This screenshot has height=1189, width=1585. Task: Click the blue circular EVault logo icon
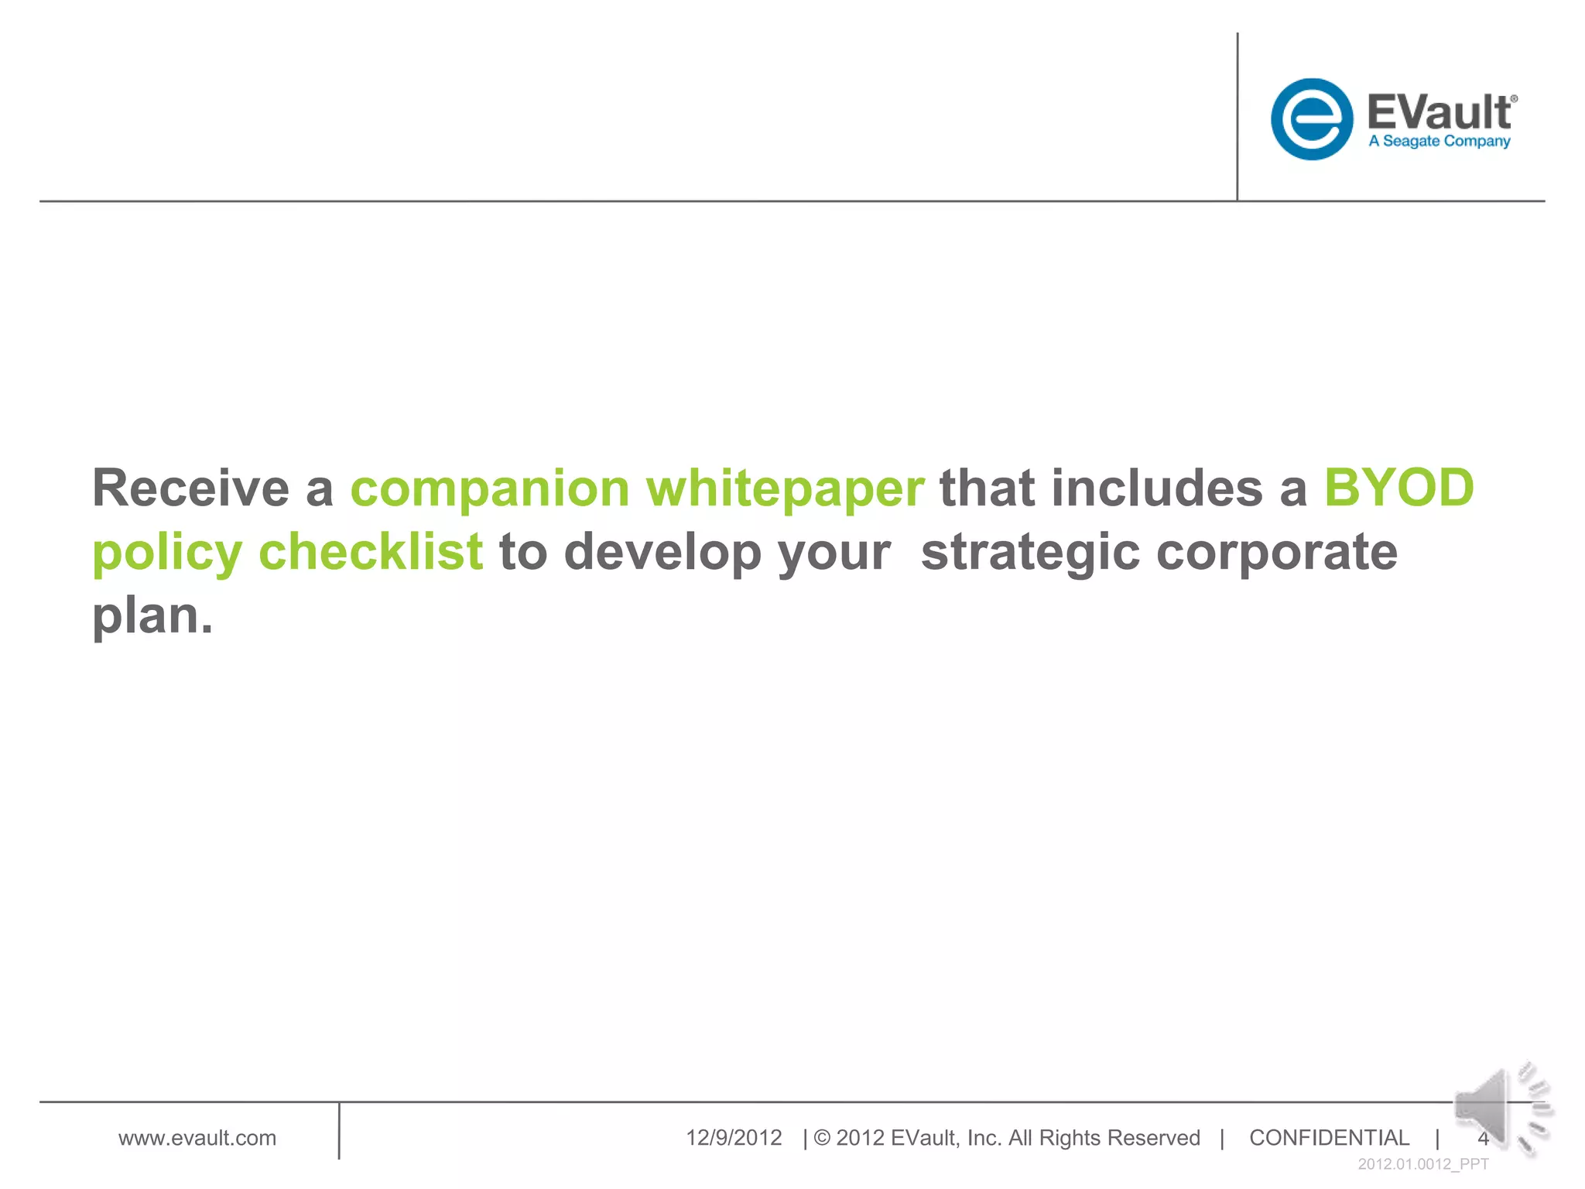[x=1311, y=119]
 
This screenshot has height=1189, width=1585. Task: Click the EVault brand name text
[x=1439, y=113]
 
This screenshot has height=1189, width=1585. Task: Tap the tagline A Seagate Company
[x=1439, y=142]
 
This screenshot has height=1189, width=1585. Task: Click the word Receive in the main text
[x=190, y=488]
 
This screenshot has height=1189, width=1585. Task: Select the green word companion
[x=490, y=488]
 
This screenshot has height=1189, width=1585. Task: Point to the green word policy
[x=167, y=553]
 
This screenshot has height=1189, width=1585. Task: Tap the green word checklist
[x=371, y=552]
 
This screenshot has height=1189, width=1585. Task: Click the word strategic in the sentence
[x=1030, y=553]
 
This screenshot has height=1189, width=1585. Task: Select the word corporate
[x=1277, y=553]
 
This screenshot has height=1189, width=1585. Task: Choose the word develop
[x=662, y=553]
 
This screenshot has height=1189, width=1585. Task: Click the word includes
[x=1156, y=488]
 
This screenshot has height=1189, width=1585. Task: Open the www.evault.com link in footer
[x=197, y=1138]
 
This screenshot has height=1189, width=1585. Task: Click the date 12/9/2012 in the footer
[x=734, y=1138]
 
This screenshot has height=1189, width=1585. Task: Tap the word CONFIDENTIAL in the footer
[x=1329, y=1138]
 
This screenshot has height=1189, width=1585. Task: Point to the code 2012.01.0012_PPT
[x=1422, y=1164]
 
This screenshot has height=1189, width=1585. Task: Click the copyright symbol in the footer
[x=822, y=1138]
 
